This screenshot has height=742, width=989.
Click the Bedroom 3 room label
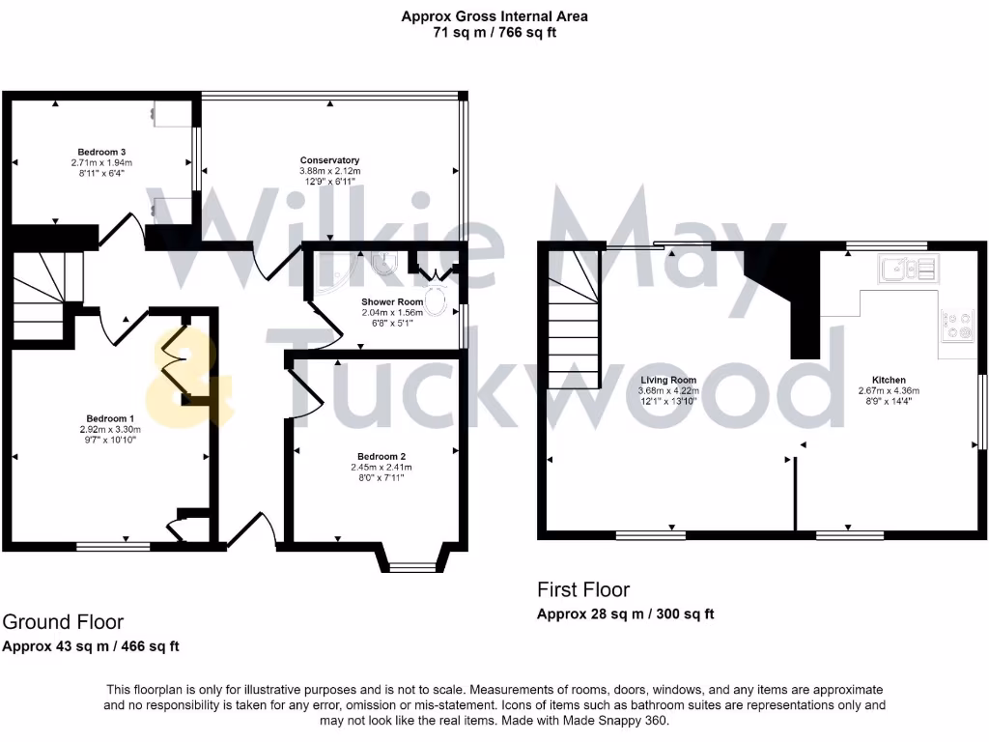tap(101, 152)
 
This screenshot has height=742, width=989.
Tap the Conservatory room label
tap(329, 160)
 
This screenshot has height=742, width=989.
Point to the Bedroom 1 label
tap(109, 418)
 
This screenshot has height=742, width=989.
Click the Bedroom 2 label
tap(381, 456)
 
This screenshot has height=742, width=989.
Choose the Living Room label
tap(668, 380)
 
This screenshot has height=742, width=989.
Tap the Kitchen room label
tap(889, 380)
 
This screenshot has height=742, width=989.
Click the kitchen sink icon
tap(907, 269)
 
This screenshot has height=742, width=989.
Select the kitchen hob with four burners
tap(958, 326)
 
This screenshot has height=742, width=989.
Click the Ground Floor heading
tap(63, 622)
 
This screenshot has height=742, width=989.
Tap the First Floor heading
tap(583, 589)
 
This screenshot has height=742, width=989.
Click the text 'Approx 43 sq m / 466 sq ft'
tap(91, 646)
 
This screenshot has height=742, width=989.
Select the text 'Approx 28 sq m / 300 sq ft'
tap(625, 614)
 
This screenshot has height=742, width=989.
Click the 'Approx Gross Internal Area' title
tap(494, 16)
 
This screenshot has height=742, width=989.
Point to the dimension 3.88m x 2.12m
tap(329, 171)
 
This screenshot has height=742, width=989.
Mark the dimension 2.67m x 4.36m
tap(889, 390)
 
